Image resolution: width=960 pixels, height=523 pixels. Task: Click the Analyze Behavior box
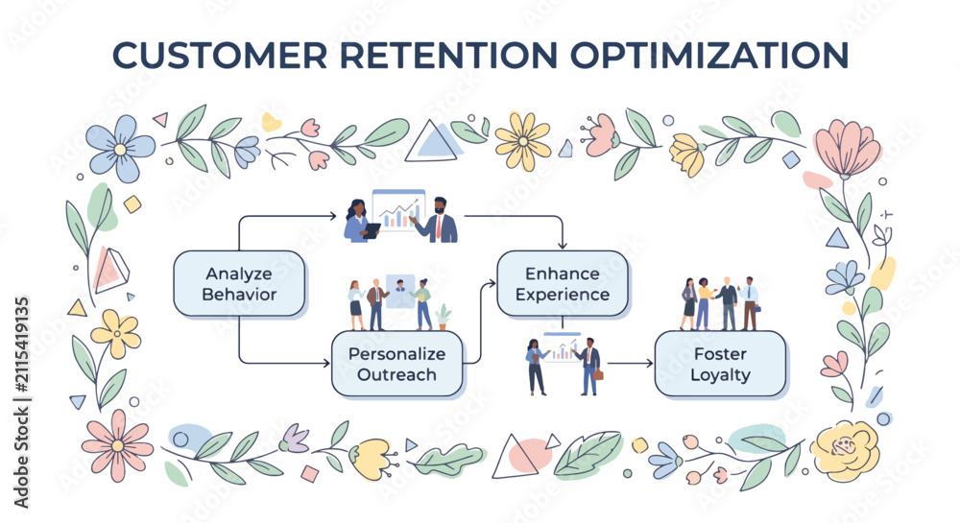[x=239, y=283]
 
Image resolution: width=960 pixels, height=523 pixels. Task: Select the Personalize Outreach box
[x=396, y=364]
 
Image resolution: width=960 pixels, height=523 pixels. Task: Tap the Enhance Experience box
[x=562, y=283]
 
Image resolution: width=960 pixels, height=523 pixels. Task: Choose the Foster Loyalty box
[x=720, y=364]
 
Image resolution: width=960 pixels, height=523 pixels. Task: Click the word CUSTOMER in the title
[x=220, y=55]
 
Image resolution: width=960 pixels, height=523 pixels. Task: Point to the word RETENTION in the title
[x=448, y=55]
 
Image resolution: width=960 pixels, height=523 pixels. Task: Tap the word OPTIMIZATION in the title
[x=709, y=55]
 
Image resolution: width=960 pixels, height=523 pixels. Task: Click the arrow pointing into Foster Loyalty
[x=630, y=364]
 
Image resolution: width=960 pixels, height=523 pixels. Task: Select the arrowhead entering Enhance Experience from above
[x=562, y=245]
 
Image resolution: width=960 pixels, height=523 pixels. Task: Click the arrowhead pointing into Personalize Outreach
[x=326, y=364]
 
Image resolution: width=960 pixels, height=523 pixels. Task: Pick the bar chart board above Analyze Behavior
[x=398, y=210]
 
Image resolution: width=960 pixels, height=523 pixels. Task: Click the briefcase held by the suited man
[x=598, y=373]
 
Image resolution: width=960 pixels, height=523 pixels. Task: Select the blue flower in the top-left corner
[x=120, y=149]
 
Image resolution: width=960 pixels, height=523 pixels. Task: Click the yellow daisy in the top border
[x=523, y=141]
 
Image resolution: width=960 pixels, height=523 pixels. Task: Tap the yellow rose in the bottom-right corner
[x=846, y=451]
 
